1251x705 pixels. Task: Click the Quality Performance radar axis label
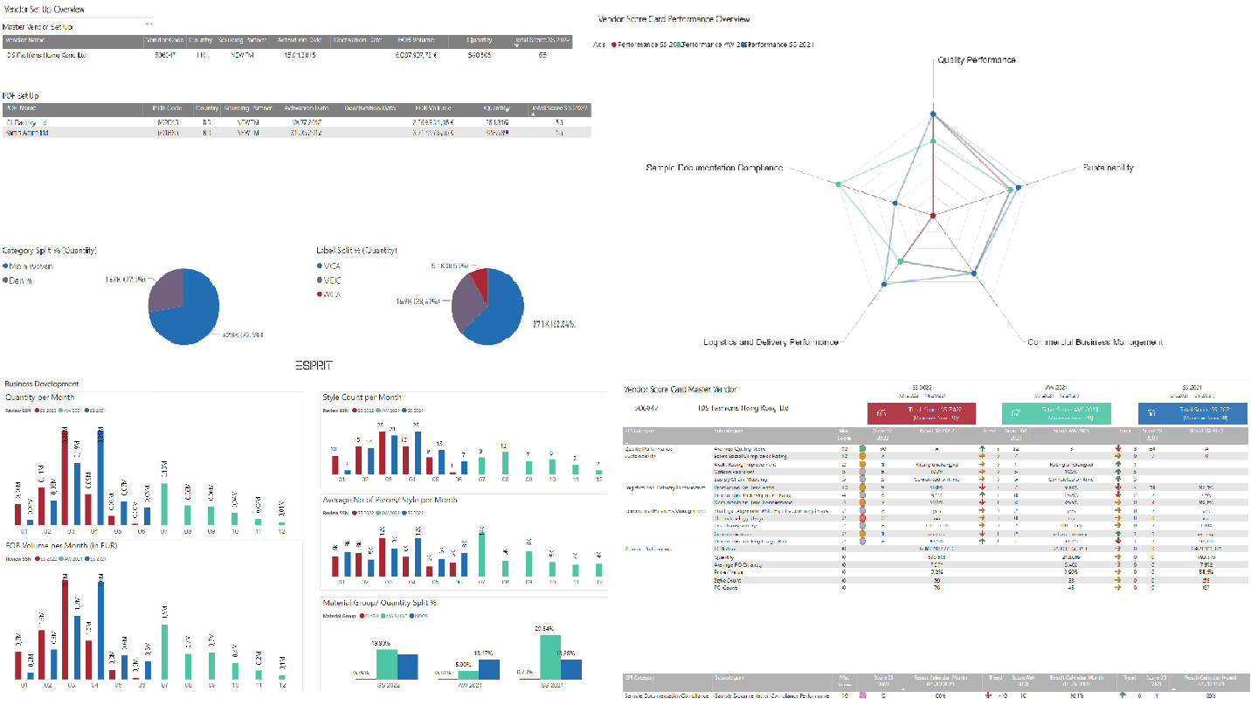click(x=976, y=60)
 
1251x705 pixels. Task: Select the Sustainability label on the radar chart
click(x=1108, y=168)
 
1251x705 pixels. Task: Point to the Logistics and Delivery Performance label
click(x=771, y=342)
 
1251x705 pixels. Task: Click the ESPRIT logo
click(x=314, y=365)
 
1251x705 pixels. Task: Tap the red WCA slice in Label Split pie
click(x=478, y=280)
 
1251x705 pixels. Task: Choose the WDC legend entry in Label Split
click(x=331, y=280)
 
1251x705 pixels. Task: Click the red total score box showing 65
click(x=921, y=413)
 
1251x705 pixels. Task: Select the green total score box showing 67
click(x=1056, y=413)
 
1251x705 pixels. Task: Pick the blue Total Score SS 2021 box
click(x=1192, y=413)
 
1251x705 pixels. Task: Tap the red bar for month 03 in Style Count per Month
click(x=380, y=452)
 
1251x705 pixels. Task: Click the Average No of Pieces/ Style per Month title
click(x=390, y=500)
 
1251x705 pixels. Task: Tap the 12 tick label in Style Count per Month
click(x=598, y=480)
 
